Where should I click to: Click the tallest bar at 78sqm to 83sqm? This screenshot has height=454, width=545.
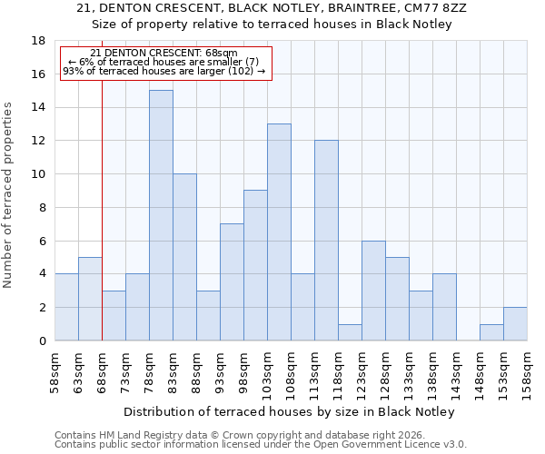[161, 215]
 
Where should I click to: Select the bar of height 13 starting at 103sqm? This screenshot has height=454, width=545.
[279, 232]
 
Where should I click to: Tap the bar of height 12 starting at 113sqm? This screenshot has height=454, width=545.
[326, 241]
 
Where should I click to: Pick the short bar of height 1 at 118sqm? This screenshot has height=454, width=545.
[350, 332]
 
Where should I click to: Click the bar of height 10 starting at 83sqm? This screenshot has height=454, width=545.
[184, 257]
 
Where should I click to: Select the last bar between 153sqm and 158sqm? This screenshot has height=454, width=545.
[515, 324]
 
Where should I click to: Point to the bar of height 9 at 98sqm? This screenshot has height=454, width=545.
[255, 265]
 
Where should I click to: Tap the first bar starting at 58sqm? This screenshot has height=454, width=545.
[66, 307]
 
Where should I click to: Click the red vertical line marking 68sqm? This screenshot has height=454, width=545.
[102, 209]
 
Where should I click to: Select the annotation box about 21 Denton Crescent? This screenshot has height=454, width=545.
[164, 63]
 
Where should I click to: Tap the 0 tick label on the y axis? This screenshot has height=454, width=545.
[42, 341]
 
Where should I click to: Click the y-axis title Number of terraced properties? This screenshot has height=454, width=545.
[9, 194]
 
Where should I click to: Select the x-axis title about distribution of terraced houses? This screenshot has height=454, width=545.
[289, 411]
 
